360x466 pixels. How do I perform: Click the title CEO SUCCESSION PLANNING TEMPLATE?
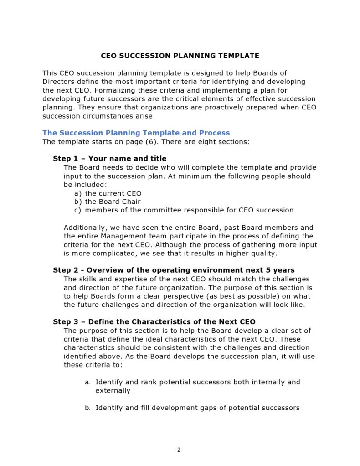click(x=180, y=56)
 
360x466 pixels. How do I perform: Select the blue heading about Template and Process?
click(x=136, y=133)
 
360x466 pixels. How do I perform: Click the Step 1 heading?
click(x=109, y=159)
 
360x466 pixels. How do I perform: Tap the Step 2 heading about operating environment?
click(x=174, y=270)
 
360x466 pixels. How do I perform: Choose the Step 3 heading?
click(x=154, y=322)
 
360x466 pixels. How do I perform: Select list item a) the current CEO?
click(x=108, y=193)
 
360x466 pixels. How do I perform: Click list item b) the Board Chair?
click(x=107, y=202)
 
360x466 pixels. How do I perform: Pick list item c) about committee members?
click(x=184, y=210)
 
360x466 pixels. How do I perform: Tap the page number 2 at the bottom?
click(x=179, y=450)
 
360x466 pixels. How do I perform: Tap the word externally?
click(x=113, y=391)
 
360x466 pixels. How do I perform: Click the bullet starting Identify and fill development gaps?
click(x=197, y=408)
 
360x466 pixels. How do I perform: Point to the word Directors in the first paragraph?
click(x=59, y=82)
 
